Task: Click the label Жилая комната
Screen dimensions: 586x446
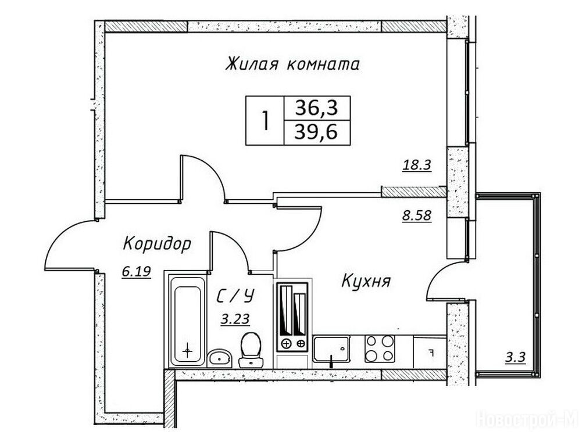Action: [x=292, y=64]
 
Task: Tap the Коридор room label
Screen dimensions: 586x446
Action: [x=157, y=244]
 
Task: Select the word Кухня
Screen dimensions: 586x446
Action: [x=366, y=280]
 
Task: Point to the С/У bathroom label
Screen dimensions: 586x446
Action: [x=235, y=296]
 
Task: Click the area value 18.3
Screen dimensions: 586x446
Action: [x=417, y=164]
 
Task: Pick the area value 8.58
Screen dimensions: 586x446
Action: [x=417, y=215]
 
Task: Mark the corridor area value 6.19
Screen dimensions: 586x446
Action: [x=137, y=271]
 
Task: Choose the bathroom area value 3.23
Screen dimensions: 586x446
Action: [x=235, y=319]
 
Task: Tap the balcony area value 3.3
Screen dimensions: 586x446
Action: [x=515, y=357]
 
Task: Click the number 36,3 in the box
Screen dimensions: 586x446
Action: [x=316, y=108]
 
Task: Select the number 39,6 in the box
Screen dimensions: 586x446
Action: [x=316, y=132]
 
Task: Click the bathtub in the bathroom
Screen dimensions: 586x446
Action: [x=188, y=320]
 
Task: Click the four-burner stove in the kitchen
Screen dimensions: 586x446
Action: [x=380, y=348]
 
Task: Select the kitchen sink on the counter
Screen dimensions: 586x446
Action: [x=331, y=349]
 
